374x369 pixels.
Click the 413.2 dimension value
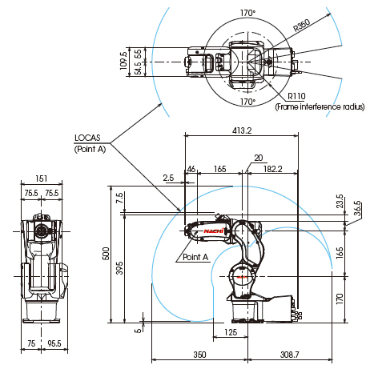pyautogui.click(x=242, y=130)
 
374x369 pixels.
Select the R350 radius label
pyautogui.click(x=302, y=25)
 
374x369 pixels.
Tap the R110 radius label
pyautogui.click(x=296, y=96)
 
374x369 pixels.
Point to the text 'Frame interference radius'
pyautogui.click(x=320, y=106)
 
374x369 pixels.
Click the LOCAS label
pyautogui.click(x=87, y=138)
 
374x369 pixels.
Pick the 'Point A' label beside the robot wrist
pyautogui.click(x=195, y=257)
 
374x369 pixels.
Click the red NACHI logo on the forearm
pyautogui.click(x=214, y=231)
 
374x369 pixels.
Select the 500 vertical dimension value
pyautogui.click(x=106, y=254)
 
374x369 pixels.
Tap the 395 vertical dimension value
pyautogui.click(x=119, y=268)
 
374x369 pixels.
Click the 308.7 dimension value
pyautogui.click(x=290, y=355)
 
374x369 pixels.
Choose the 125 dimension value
pyautogui.click(x=231, y=332)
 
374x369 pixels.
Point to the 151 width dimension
pyautogui.click(x=42, y=178)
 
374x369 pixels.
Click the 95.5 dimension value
pyautogui.click(x=54, y=343)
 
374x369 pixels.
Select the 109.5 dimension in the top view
pyautogui.click(x=123, y=61)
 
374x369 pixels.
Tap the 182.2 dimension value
pyautogui.click(x=273, y=169)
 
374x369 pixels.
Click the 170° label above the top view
pyautogui.click(x=247, y=13)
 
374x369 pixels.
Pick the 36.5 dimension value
pyautogui.click(x=357, y=208)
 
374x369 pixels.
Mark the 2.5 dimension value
pyautogui.click(x=168, y=178)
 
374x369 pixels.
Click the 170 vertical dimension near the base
pyautogui.click(x=340, y=299)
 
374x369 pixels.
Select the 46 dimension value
pyautogui.click(x=191, y=169)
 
